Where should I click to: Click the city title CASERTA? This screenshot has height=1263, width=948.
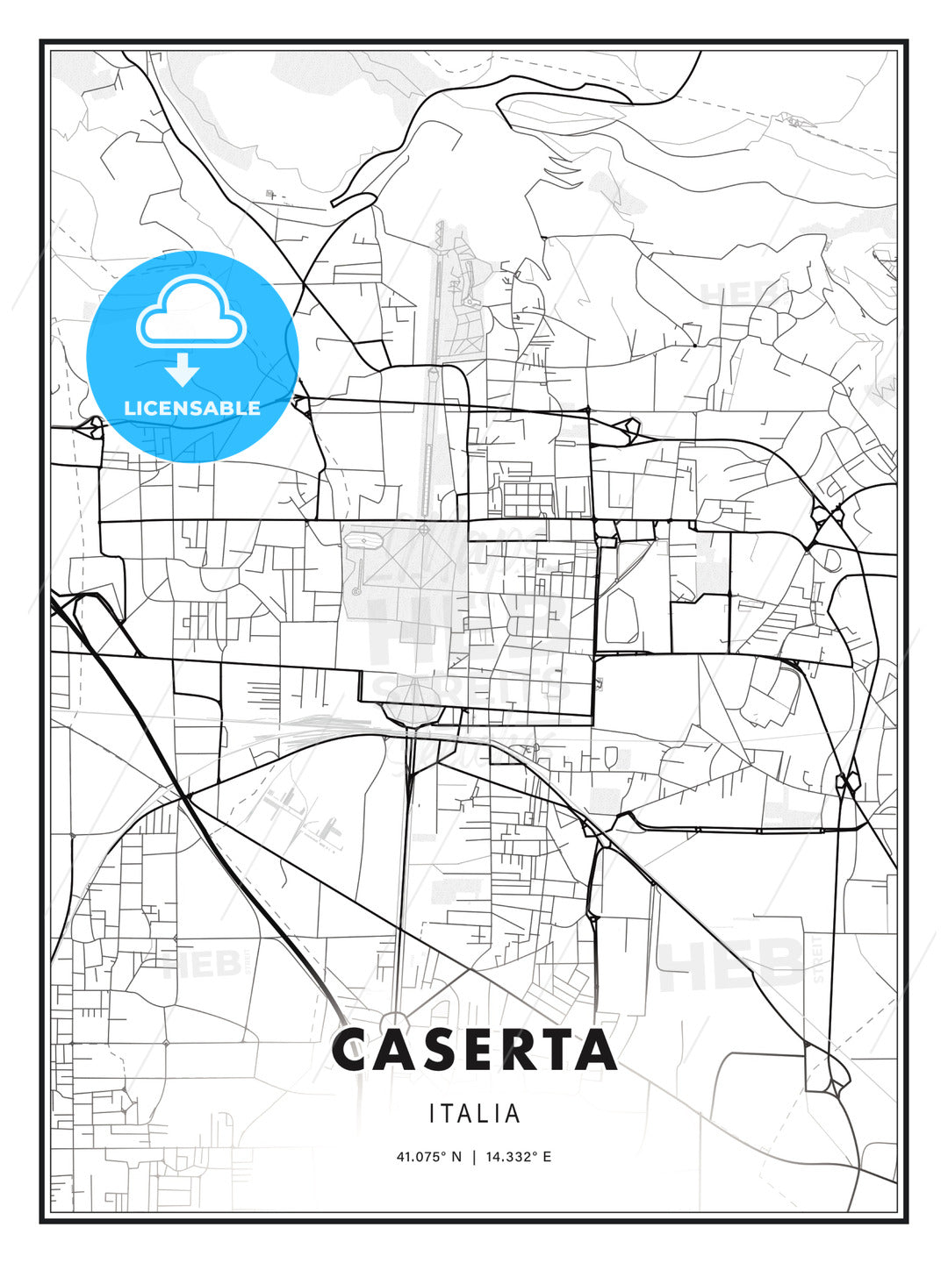474,1050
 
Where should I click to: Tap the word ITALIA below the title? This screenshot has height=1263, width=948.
474,1114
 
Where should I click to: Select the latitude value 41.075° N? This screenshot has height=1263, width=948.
428,1157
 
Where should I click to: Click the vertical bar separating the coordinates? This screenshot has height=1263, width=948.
474,1157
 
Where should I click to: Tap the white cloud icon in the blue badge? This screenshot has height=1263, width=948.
190,313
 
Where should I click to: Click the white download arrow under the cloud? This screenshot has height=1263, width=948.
183,369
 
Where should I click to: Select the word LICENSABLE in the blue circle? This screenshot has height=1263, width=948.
192,408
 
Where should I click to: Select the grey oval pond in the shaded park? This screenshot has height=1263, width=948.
621,614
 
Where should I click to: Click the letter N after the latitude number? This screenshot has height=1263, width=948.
456,1157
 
